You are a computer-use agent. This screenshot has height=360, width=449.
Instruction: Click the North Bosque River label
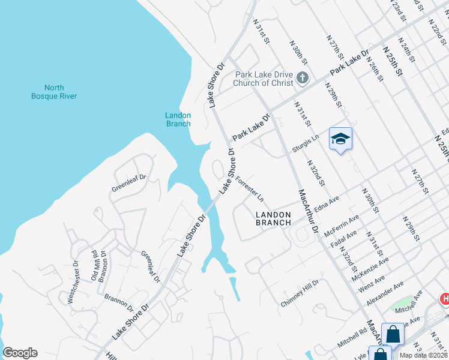(x=54, y=91)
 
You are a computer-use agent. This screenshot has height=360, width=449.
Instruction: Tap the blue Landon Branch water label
(x=178, y=119)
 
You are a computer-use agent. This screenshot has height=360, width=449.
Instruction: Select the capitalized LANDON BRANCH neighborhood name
(x=273, y=218)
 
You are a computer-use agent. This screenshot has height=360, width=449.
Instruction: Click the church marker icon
(x=303, y=77)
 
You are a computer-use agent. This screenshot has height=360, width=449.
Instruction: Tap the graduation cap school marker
(x=340, y=139)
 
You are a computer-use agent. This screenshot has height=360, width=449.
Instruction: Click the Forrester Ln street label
(x=250, y=188)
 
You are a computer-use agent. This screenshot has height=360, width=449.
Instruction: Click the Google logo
(x=20, y=353)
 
